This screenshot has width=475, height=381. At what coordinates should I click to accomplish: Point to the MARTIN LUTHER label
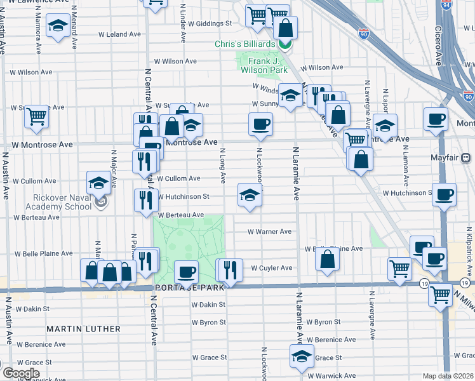(x=83, y=329)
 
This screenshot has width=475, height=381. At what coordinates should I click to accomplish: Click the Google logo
(x=21, y=373)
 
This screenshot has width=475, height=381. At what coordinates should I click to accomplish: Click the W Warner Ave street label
(x=269, y=232)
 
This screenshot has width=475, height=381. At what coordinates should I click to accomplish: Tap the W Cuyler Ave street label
(x=271, y=268)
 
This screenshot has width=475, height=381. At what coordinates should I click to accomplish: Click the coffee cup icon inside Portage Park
(x=187, y=272)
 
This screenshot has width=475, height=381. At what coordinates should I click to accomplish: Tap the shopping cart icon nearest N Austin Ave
(x=37, y=117)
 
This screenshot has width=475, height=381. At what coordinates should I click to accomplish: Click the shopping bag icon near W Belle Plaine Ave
(x=327, y=259)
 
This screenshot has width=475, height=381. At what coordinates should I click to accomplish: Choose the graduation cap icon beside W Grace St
(x=302, y=356)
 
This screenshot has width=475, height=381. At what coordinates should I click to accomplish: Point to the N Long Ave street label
(x=223, y=166)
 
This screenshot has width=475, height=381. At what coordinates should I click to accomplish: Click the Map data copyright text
(x=447, y=376)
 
